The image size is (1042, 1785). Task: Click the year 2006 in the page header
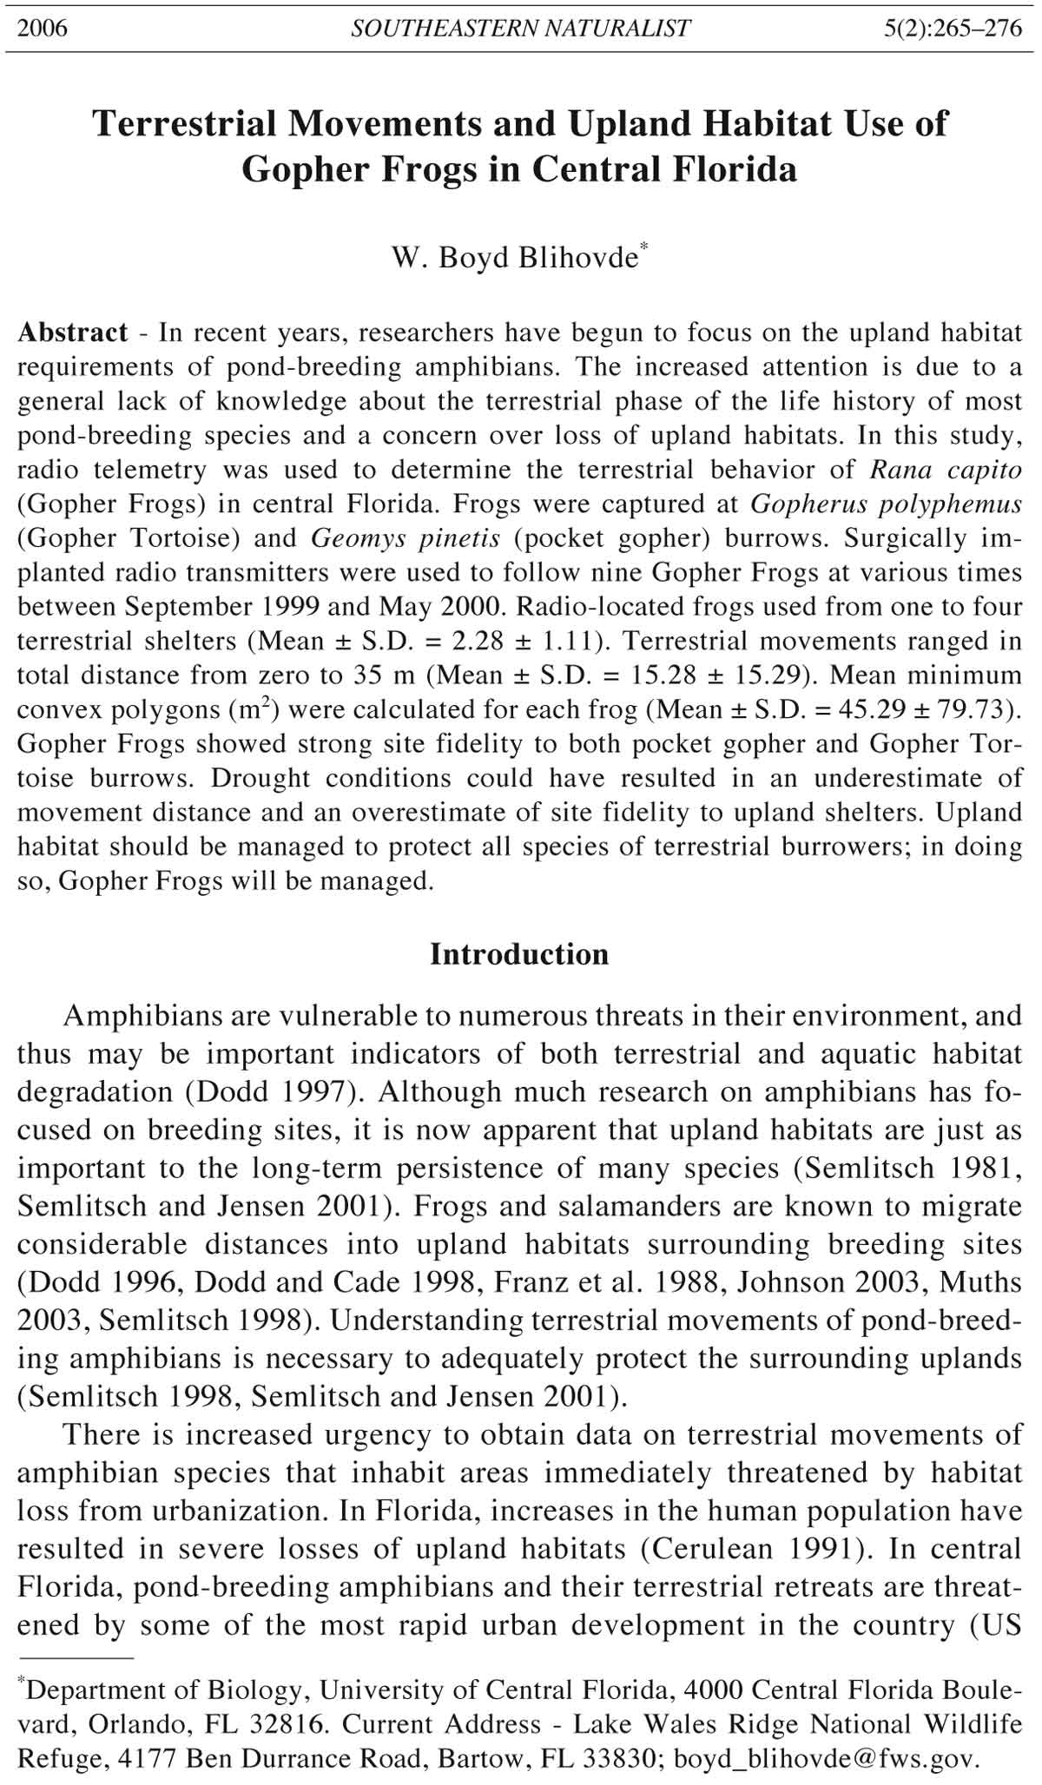[43, 29]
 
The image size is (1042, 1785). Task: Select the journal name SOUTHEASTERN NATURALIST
[520, 29]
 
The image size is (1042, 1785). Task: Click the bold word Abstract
[73, 333]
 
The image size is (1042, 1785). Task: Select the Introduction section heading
[519, 954]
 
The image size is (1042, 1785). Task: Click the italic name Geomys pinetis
[406, 538]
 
